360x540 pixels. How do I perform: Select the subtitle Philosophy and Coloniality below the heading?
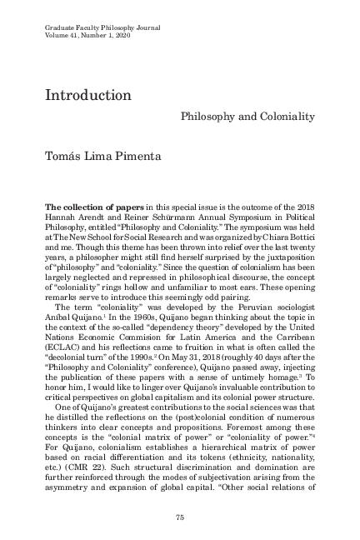click(247, 117)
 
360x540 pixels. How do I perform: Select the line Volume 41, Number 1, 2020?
click(90, 37)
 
